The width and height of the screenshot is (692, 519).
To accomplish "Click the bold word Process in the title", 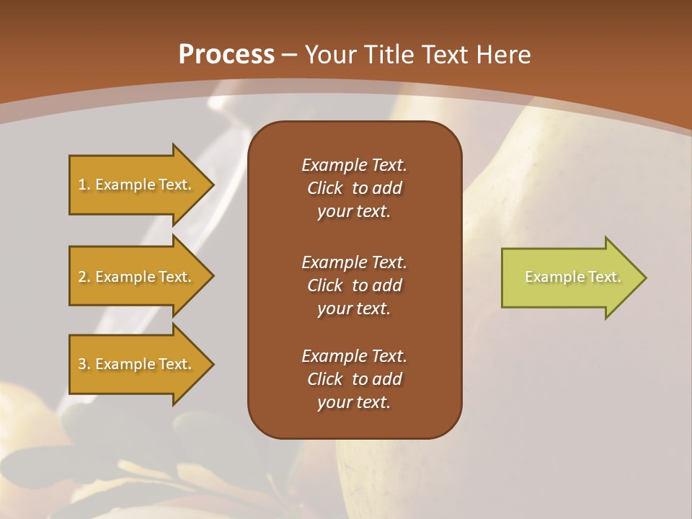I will [x=226, y=55].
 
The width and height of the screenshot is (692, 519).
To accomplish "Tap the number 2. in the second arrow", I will [x=84, y=277].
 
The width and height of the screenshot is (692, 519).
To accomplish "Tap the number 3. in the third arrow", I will [x=84, y=364].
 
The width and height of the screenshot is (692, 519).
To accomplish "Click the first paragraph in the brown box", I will [x=354, y=188].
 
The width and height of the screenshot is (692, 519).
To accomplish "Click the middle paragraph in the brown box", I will [x=354, y=285].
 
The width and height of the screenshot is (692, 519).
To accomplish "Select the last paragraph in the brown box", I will [x=354, y=379].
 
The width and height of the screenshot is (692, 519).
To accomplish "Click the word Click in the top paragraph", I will [x=325, y=188].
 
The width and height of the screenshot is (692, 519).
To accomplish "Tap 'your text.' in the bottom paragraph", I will [x=354, y=402].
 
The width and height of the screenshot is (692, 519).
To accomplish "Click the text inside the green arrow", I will [x=572, y=277].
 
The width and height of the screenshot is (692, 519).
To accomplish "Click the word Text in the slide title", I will [x=445, y=55].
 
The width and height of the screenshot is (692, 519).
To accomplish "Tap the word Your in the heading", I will [x=329, y=55].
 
